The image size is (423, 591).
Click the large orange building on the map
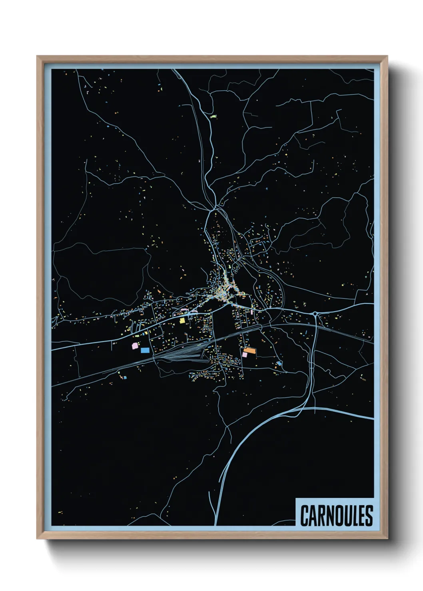tap(249, 350)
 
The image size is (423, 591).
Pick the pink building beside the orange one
tap(244, 354)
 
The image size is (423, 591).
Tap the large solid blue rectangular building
tap(145, 350)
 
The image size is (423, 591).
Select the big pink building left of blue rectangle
tap(135, 346)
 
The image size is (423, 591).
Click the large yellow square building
tap(182, 320)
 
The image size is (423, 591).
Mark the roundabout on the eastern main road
tap(315, 314)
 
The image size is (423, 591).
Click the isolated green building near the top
tap(213, 117)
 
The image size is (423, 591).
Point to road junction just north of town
tap(215, 207)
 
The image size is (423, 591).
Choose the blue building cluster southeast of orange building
tap(279, 363)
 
